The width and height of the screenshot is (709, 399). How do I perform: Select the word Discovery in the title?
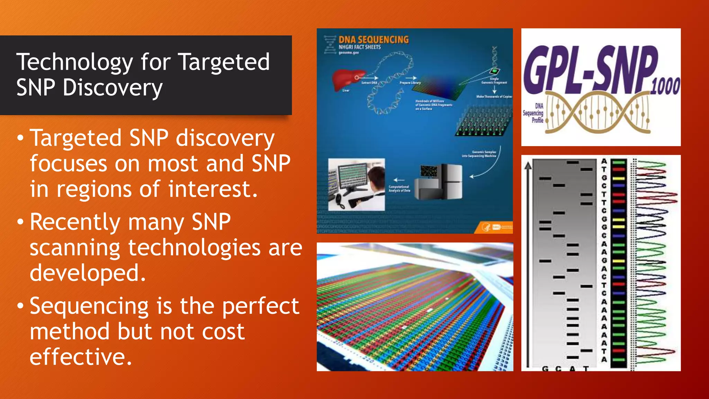point(113,88)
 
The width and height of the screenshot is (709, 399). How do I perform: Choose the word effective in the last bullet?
point(81,357)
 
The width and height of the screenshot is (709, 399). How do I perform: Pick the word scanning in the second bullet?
point(74,248)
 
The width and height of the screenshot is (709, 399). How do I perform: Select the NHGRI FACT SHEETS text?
point(359,47)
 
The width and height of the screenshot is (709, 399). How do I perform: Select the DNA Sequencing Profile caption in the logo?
point(534,113)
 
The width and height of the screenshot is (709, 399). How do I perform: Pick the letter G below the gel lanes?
point(545,369)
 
